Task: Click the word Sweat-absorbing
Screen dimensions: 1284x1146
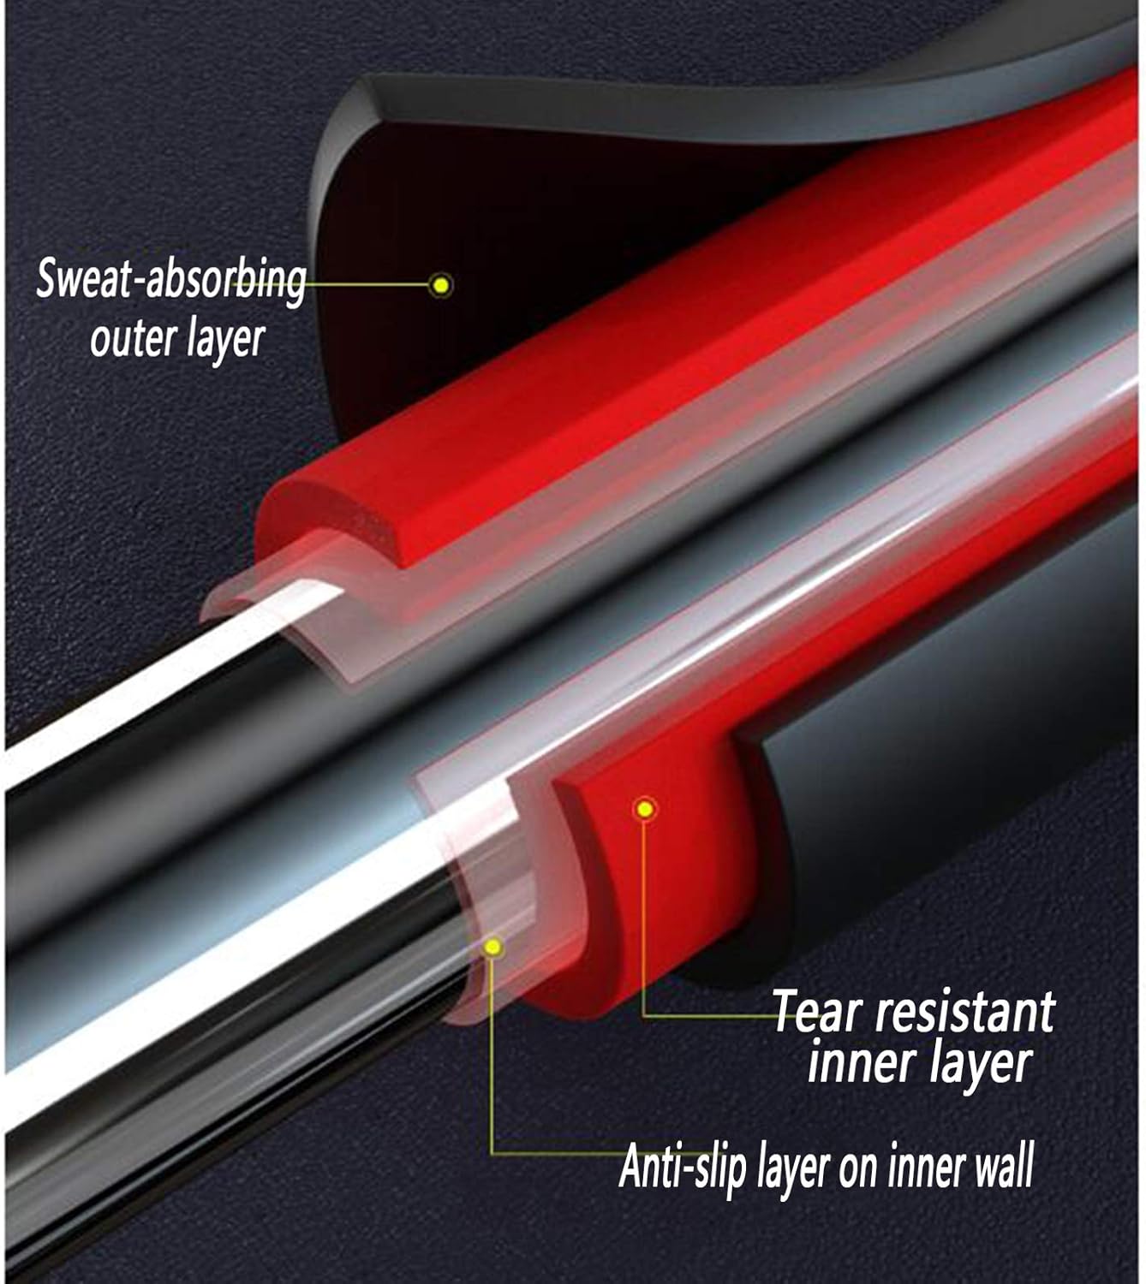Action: coord(170,279)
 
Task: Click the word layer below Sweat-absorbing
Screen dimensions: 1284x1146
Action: coord(224,340)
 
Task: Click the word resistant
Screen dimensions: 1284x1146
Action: coord(964,1012)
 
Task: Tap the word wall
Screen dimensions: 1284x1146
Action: coord(1004,1166)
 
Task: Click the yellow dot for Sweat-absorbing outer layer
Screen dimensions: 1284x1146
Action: coord(441,285)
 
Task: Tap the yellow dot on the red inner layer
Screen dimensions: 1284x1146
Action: coord(646,808)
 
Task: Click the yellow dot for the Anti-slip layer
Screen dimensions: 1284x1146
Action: coord(492,947)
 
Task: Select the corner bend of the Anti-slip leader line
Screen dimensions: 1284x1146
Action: coord(492,1153)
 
